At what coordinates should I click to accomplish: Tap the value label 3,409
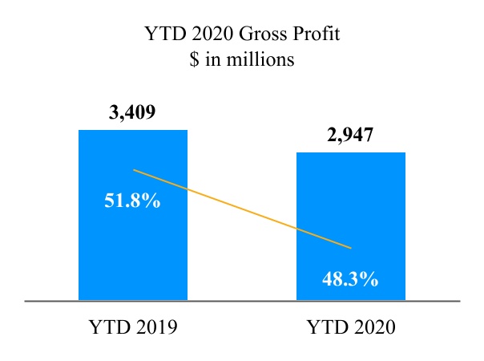pos(132,112)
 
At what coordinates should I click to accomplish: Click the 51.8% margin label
pos(132,201)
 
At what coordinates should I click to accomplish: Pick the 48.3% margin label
pos(350,280)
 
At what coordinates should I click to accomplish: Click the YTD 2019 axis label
pos(132,327)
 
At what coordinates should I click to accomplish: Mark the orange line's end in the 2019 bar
pos(134,170)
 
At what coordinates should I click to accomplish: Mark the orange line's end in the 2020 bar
pos(351,246)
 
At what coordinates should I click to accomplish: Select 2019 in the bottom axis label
pos(152,327)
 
